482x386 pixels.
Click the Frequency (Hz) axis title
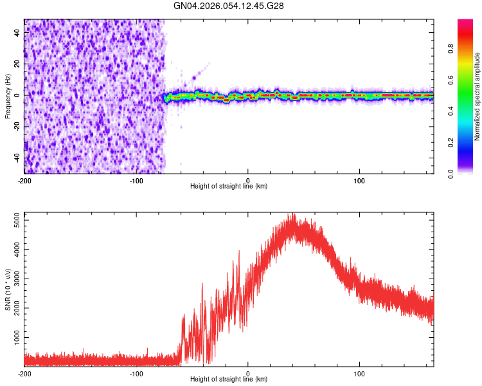pyautogui.click(x=8, y=96)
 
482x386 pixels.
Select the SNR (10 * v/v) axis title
pyautogui.click(x=8, y=289)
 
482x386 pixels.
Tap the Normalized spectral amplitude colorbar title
pyautogui.click(x=478, y=97)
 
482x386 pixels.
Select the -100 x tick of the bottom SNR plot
pyautogui.click(x=136, y=373)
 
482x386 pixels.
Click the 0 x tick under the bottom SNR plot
pyautogui.click(x=248, y=373)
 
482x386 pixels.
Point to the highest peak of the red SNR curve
pyautogui.click(x=293, y=214)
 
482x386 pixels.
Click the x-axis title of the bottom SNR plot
pyautogui.click(x=229, y=380)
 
